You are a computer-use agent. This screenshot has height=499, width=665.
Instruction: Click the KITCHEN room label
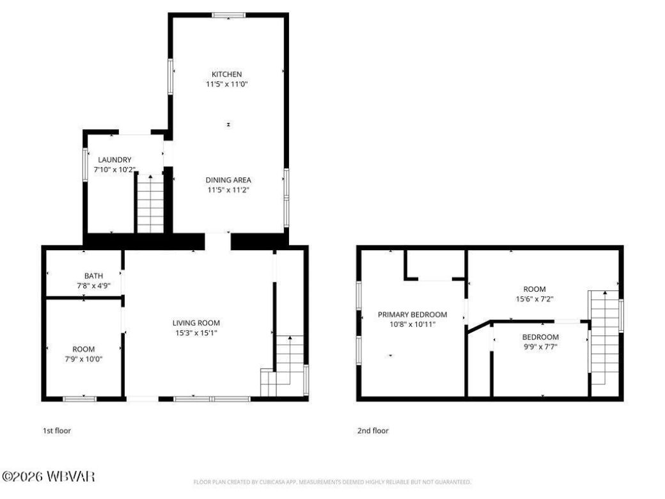pyautogui.click(x=228, y=74)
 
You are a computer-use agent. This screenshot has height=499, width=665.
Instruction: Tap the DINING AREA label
pyautogui.click(x=228, y=180)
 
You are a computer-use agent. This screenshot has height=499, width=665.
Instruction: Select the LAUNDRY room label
pyautogui.click(x=114, y=159)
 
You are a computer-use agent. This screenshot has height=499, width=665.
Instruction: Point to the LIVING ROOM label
pyautogui.click(x=196, y=323)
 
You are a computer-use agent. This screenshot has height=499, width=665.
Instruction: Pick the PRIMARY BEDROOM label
pyautogui.click(x=412, y=315)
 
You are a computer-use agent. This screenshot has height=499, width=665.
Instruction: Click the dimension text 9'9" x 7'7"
pyautogui.click(x=540, y=347)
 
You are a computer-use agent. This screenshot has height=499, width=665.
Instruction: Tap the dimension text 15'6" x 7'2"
pyautogui.click(x=534, y=299)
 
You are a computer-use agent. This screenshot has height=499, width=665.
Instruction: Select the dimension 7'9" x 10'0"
pyautogui.click(x=83, y=359)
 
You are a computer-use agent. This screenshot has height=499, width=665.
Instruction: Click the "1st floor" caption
pyautogui.click(x=57, y=431)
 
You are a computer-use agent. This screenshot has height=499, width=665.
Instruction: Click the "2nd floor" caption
pyautogui.click(x=373, y=431)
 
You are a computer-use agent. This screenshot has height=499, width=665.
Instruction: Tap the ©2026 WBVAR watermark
pyautogui.click(x=49, y=477)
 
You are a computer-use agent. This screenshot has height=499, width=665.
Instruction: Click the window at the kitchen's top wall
pyautogui.click(x=228, y=15)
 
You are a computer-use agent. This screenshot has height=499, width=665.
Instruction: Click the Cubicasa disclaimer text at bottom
pyautogui.click(x=332, y=482)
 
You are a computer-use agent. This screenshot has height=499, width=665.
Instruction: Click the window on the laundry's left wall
pyautogui.click(x=86, y=164)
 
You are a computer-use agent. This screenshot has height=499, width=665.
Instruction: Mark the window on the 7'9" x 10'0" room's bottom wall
pyautogui.click(x=79, y=399)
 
